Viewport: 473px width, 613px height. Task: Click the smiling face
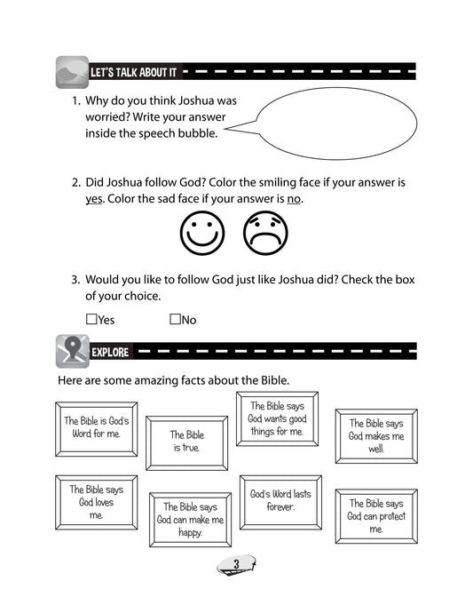pos(202,233)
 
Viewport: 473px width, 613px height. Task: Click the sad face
pos(265,233)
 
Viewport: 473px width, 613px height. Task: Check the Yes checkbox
pos(91,319)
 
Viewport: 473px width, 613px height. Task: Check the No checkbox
pos(175,319)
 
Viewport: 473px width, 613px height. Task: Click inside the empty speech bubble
pos(336,123)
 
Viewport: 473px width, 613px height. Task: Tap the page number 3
pos(236,564)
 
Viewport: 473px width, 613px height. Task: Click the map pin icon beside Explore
pos(73,351)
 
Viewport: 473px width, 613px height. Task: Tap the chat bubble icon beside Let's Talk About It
pos(72,72)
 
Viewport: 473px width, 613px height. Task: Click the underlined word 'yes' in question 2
pos(94,199)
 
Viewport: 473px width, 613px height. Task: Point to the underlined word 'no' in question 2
pos(294,199)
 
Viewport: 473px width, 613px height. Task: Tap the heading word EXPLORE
pos(110,353)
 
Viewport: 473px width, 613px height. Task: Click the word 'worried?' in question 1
pos(107,117)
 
